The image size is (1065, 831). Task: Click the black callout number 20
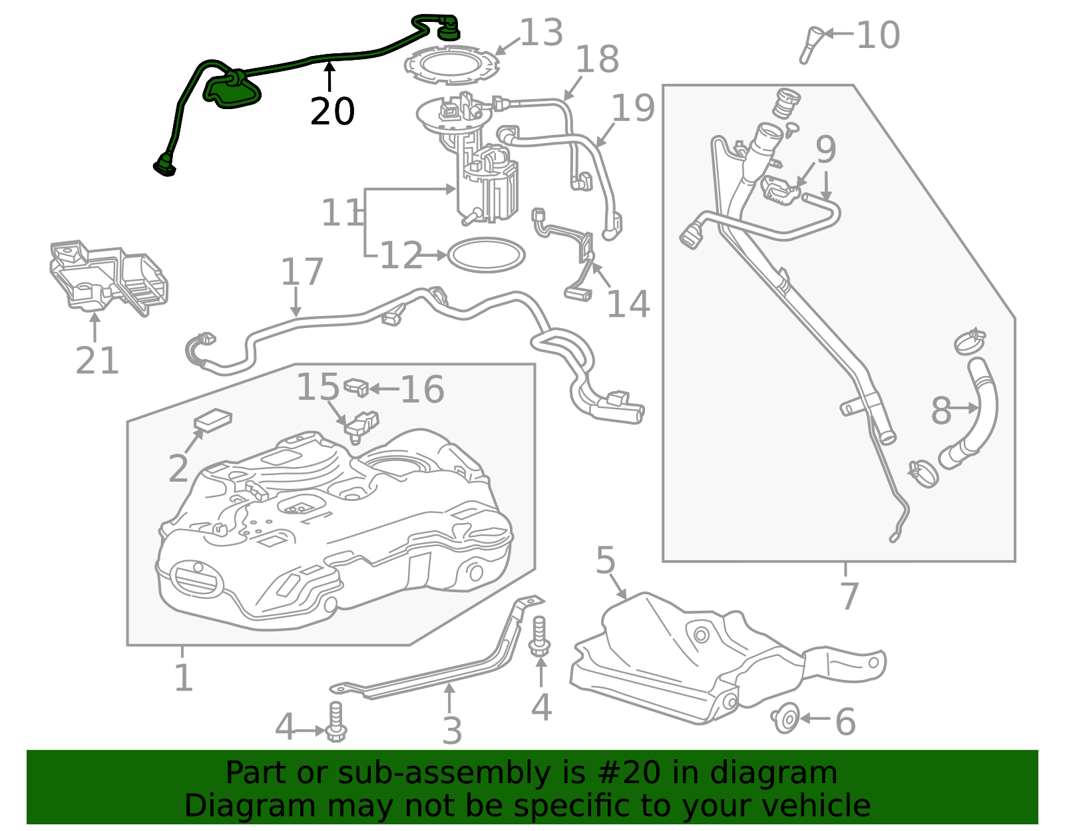[x=332, y=112]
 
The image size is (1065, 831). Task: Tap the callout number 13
[x=541, y=33]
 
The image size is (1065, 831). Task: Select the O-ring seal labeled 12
[x=487, y=255]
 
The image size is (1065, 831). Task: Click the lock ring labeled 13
[x=451, y=65]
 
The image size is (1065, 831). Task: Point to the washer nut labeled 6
[x=787, y=719]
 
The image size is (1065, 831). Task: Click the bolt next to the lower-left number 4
[x=336, y=723]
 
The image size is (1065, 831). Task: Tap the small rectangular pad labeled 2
[x=213, y=420]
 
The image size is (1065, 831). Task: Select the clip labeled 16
[x=357, y=387]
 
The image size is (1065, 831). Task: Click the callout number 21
[x=97, y=361]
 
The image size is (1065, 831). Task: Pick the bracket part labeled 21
[x=106, y=276]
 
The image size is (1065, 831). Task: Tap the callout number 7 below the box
[x=849, y=595]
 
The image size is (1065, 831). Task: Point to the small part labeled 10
[x=811, y=44]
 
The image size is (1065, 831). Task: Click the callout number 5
[x=605, y=560]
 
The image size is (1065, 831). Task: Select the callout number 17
[x=302, y=272]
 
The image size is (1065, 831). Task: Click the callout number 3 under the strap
[x=452, y=731]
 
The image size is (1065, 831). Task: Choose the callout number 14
[x=628, y=305]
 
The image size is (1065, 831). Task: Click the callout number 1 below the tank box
[x=183, y=678]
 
